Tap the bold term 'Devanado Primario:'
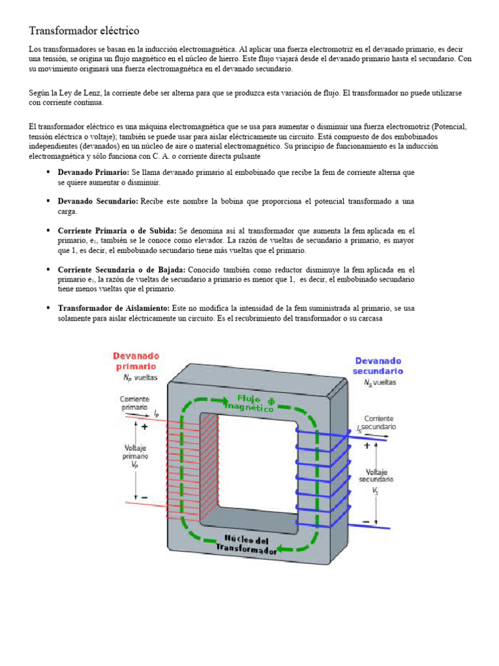(x=94, y=173)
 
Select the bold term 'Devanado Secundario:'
(x=97, y=202)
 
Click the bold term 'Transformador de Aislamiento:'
(x=114, y=308)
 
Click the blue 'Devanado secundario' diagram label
(x=377, y=366)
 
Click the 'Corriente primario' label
(x=134, y=403)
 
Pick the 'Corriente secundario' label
(x=379, y=423)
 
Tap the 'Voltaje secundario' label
(x=379, y=476)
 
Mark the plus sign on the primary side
(x=144, y=427)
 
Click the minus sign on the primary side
(x=144, y=498)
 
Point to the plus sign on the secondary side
(x=367, y=446)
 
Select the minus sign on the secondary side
(x=367, y=521)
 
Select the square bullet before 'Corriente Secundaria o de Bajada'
(x=48, y=269)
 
